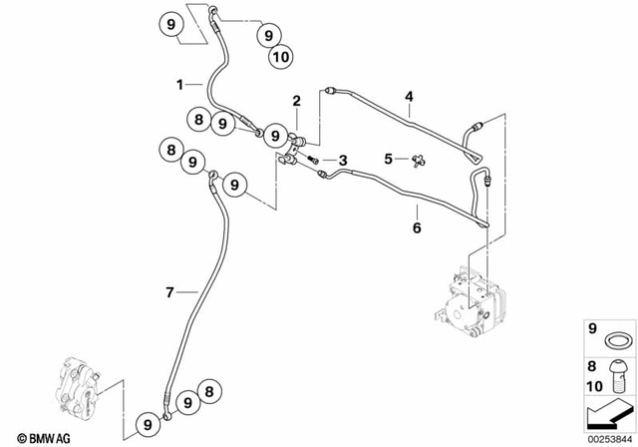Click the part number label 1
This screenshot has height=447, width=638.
point(180,86)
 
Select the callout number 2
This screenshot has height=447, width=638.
point(296,100)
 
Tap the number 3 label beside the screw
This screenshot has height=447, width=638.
point(342,161)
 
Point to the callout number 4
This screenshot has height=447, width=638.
point(408,97)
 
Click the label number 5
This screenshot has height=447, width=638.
point(390,158)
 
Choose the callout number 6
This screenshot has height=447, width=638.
point(418,227)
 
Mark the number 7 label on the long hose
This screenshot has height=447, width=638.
point(169,292)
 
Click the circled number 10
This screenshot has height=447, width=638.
point(280,58)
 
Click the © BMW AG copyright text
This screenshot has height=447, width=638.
point(35,436)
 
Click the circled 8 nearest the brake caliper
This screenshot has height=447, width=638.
point(208,391)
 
